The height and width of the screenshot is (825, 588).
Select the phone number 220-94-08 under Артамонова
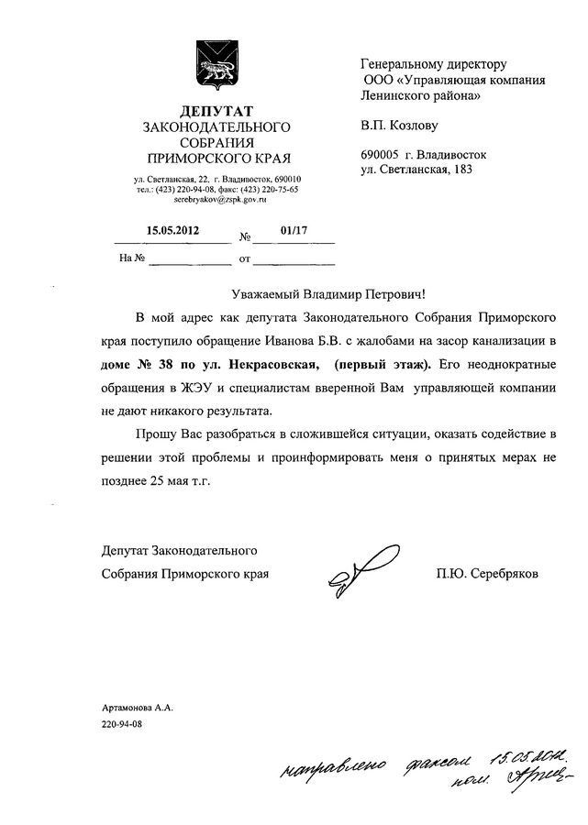coord(123,722)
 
